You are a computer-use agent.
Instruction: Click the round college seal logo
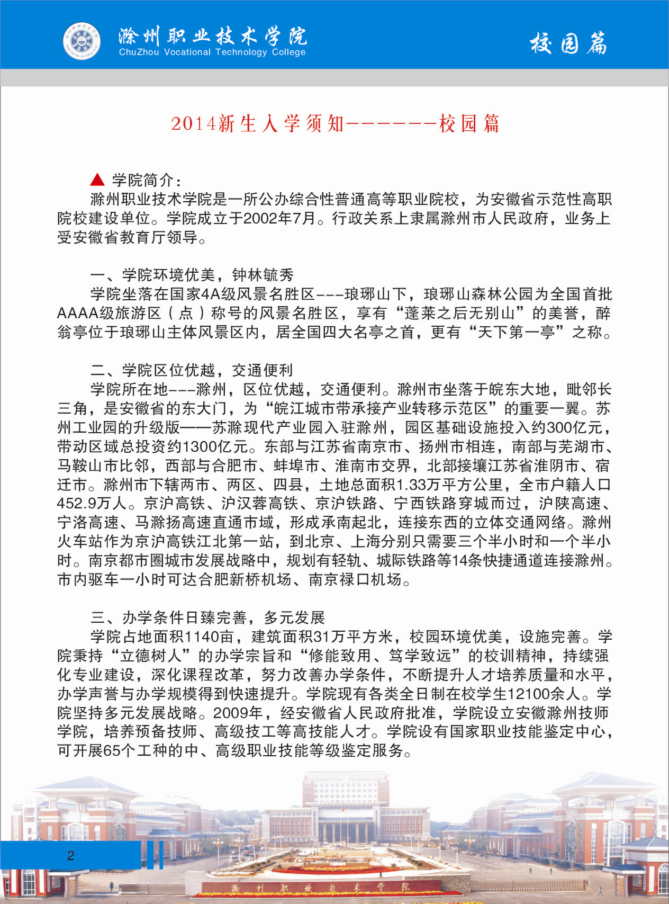(x=82, y=41)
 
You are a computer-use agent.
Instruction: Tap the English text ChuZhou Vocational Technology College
(x=212, y=52)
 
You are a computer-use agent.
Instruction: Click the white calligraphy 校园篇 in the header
(x=568, y=43)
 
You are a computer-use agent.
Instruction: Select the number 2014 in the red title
(x=194, y=124)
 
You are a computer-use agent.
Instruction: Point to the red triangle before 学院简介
(x=97, y=180)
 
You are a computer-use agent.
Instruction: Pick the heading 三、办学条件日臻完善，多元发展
(x=207, y=617)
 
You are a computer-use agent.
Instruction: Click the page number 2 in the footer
(x=70, y=855)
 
